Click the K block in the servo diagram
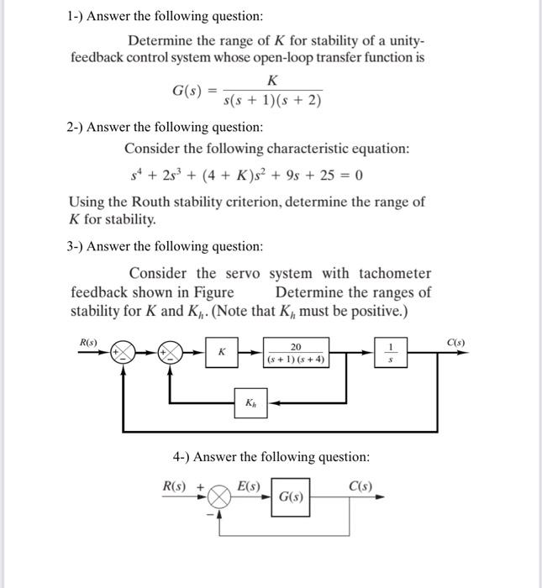tap(222, 353)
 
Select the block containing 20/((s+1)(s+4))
tap(297, 353)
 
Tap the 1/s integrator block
tap(390, 353)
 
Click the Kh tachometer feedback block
tap(250, 402)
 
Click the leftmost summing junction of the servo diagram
tap(124, 352)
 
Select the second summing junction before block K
tap(172, 352)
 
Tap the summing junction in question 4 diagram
tap(220, 497)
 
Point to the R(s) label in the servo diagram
tap(88, 342)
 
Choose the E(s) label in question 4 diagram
tap(249, 486)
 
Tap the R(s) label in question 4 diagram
tap(176, 486)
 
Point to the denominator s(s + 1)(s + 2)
tap(272, 102)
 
